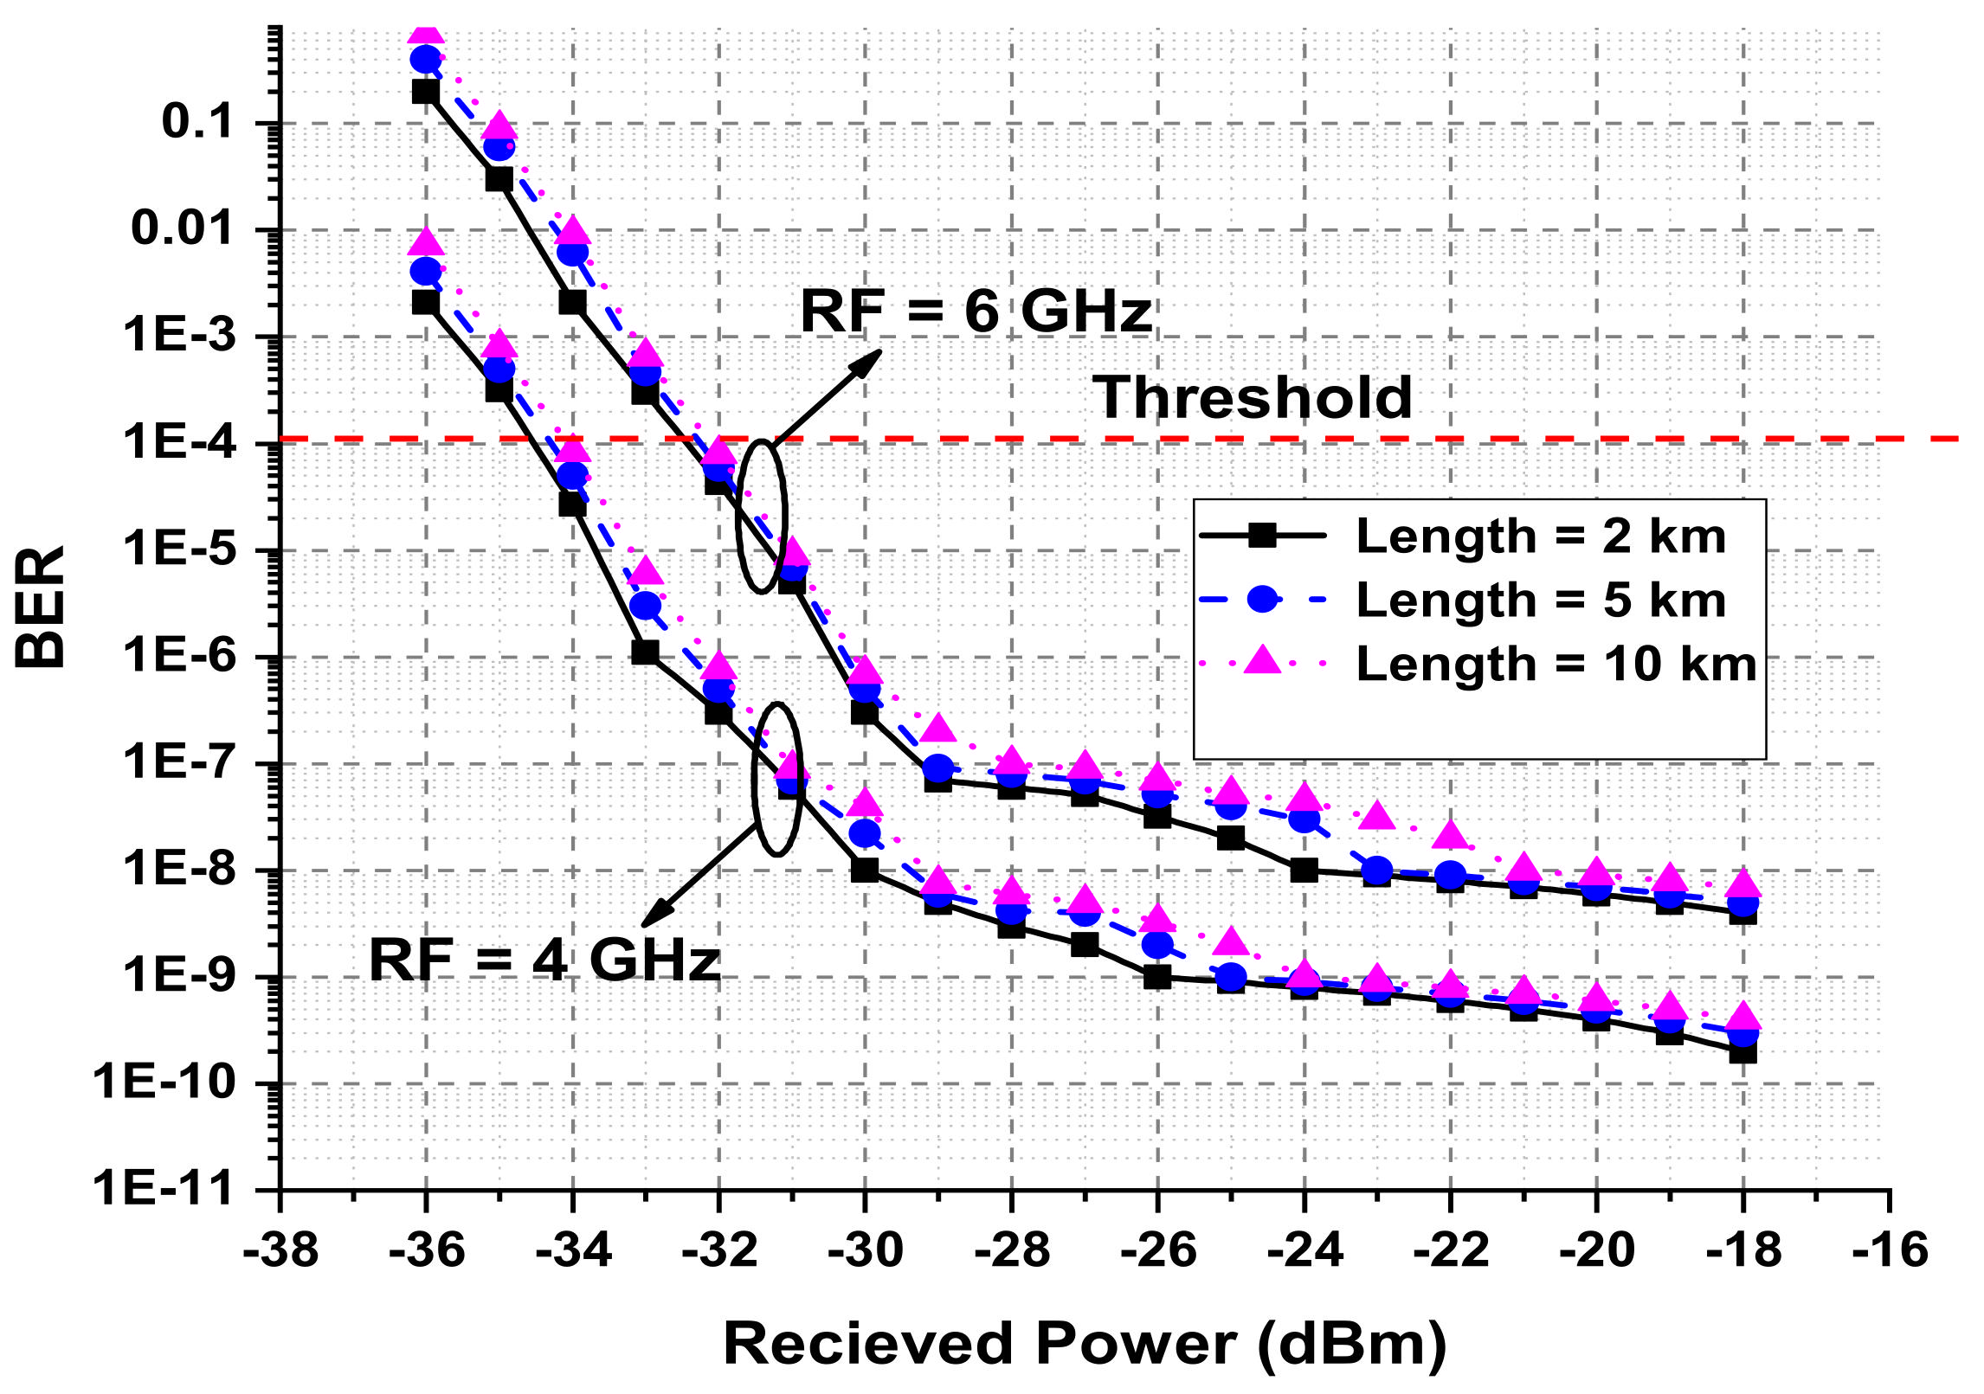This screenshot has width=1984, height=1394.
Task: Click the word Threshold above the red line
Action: [x=1252, y=399]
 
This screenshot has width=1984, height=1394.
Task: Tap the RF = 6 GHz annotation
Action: [x=976, y=312]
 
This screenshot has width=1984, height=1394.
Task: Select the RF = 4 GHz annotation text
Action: [x=544, y=960]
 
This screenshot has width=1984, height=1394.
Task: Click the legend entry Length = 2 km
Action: [x=1540, y=536]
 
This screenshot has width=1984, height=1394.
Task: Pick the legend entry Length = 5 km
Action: [x=1540, y=601]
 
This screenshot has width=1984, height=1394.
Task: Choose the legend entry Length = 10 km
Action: [x=1556, y=665]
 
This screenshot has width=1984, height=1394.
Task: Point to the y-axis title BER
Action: [x=41, y=606]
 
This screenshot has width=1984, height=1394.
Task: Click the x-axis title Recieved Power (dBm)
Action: [x=1085, y=1345]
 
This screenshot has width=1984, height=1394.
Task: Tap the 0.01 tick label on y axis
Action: [x=182, y=228]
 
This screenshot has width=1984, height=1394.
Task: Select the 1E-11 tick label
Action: [x=164, y=1188]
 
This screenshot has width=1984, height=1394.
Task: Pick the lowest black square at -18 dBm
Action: [x=1742, y=1052]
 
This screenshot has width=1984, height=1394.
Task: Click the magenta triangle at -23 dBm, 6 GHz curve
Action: [x=1377, y=815]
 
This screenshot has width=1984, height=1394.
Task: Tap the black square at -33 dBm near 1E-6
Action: [x=644, y=652]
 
